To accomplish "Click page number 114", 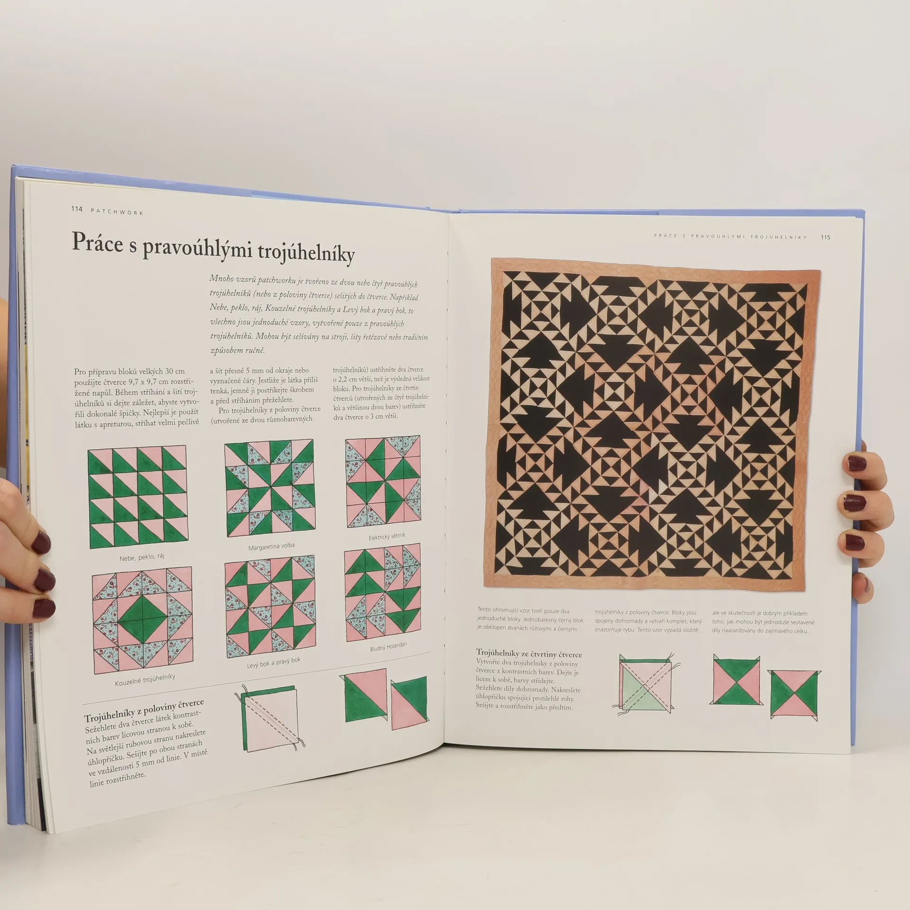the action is click(x=77, y=209).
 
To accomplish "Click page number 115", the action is click(x=826, y=237).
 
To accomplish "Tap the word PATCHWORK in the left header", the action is click(x=116, y=211).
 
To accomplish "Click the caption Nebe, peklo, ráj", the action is click(x=142, y=557).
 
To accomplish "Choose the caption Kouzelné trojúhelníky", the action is click(x=145, y=680).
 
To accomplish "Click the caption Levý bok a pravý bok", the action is click(x=273, y=663).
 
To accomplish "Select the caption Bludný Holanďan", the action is click(x=388, y=647).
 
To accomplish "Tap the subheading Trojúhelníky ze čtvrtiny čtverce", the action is click(x=529, y=654).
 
